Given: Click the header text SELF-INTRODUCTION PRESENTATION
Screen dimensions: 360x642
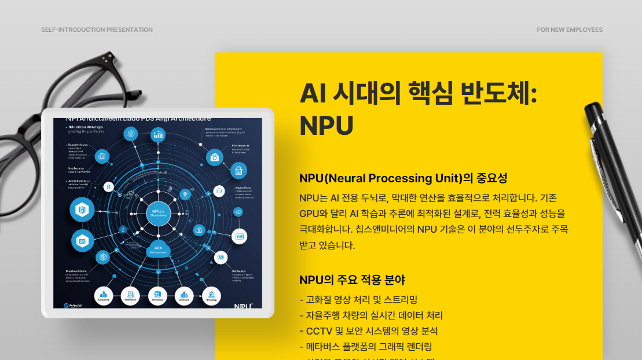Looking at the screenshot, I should point(97,30).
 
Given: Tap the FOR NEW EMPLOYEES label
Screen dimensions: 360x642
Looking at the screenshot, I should point(569,30).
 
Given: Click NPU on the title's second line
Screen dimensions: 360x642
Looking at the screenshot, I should point(326,126).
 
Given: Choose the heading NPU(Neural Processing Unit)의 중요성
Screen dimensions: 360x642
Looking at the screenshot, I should point(403,178).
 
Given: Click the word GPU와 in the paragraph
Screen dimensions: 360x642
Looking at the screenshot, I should point(316,213).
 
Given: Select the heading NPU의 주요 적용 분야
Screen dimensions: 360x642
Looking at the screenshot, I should point(352,280).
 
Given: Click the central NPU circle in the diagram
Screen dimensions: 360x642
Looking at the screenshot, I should point(157,214).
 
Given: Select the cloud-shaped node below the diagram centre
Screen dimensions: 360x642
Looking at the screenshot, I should point(157,249).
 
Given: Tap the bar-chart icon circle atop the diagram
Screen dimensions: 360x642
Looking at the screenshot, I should point(157,135).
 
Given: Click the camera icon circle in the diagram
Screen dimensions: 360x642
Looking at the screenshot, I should point(215,156).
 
